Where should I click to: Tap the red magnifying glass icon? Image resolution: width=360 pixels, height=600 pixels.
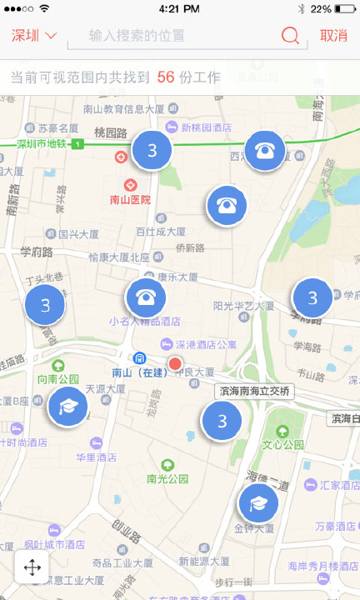coord(290,36)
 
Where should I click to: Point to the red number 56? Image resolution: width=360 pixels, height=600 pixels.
coord(165,77)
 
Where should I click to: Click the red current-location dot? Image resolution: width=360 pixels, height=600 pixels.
coord(175,364)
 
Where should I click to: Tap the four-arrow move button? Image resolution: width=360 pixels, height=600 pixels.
coord(32,568)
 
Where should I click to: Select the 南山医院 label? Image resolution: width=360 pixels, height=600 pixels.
coord(131,200)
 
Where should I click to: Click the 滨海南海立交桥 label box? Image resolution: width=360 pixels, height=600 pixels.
coord(254,391)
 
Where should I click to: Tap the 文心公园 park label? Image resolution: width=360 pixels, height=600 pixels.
coord(282,444)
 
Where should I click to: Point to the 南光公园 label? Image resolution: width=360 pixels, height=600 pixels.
coord(167,478)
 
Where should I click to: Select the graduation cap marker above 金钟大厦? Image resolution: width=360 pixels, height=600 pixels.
coord(258,503)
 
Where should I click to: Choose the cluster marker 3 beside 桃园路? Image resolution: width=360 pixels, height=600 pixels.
coord(152,150)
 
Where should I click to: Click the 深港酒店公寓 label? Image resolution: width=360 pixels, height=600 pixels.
coord(205,343)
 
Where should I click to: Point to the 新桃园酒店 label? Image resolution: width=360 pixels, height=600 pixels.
coord(206,127)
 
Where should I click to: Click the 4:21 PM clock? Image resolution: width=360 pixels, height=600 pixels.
coord(179,8)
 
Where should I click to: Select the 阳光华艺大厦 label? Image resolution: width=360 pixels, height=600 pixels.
coord(243,306)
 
